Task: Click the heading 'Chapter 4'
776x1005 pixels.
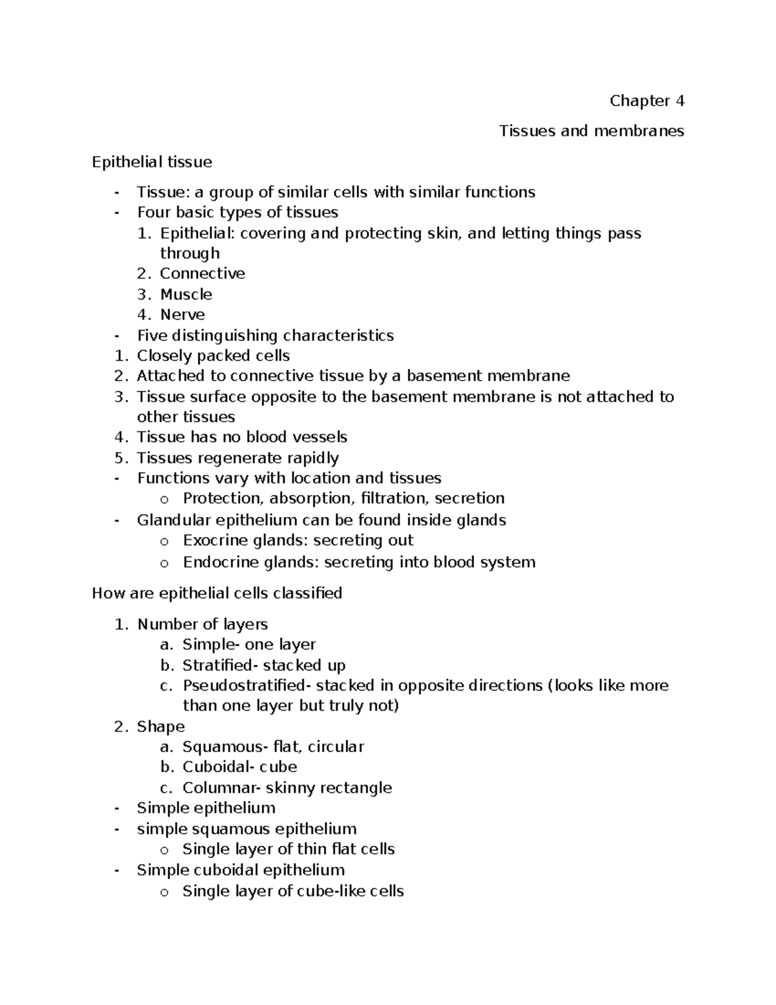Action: pos(646,101)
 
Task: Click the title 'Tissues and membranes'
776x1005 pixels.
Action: pos(591,131)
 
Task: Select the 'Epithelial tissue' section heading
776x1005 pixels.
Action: pos(152,162)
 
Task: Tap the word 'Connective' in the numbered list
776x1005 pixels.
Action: pos(202,274)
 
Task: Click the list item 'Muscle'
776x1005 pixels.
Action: pos(186,294)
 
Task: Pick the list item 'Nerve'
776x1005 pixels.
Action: pos(182,315)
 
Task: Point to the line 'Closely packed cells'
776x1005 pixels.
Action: pos(213,356)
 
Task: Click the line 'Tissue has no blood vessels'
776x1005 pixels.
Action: pos(242,437)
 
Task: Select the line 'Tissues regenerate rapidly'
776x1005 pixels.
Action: pos(238,458)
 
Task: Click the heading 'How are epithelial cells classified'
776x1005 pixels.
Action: pos(217,593)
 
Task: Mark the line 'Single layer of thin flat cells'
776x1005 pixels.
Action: pos(288,849)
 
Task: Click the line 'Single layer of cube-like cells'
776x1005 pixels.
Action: pos(293,891)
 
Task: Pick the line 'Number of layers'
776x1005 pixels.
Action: pos(202,624)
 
